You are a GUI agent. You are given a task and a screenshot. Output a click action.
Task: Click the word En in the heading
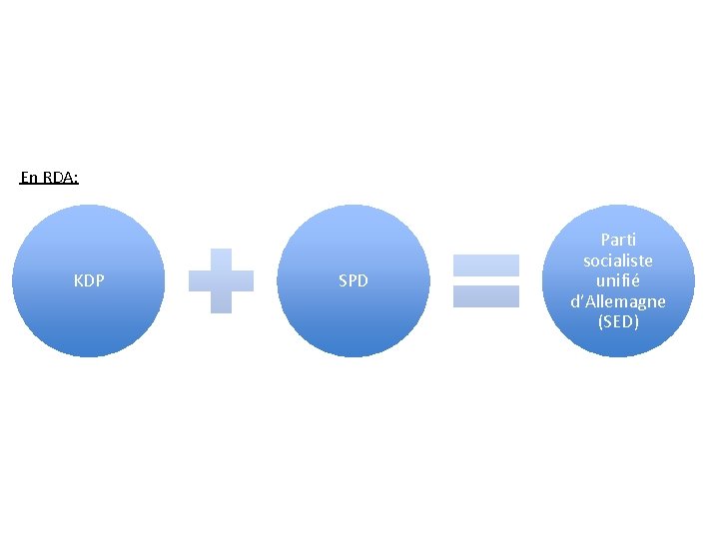point(30,178)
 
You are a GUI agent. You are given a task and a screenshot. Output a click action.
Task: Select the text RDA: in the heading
point(61,178)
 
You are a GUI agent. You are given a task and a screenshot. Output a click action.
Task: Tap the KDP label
point(89,281)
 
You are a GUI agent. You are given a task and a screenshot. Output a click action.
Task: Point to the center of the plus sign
point(221,280)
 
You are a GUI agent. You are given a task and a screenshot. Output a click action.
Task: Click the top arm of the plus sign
point(221,258)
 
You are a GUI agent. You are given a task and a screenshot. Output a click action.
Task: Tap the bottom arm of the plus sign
point(221,303)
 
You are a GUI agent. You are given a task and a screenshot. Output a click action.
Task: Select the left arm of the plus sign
point(198,280)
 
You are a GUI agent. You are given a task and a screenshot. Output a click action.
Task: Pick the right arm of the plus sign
point(244,280)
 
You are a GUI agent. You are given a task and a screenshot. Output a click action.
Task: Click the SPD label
point(353,281)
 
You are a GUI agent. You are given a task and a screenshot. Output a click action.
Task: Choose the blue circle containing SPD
point(353,319)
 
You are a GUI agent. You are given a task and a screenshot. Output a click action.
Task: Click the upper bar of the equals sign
point(486,266)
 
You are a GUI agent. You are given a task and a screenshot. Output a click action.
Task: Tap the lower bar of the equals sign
point(486,296)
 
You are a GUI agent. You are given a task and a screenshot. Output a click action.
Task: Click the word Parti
point(618,240)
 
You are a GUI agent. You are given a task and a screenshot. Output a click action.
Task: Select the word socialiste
point(618,261)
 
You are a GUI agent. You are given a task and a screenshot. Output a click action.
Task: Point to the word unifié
point(618,280)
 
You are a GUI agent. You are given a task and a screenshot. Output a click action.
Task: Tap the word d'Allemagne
point(618,301)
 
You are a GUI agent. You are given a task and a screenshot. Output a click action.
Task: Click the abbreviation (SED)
point(618,321)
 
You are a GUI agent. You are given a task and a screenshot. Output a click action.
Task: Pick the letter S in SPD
point(343,281)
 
